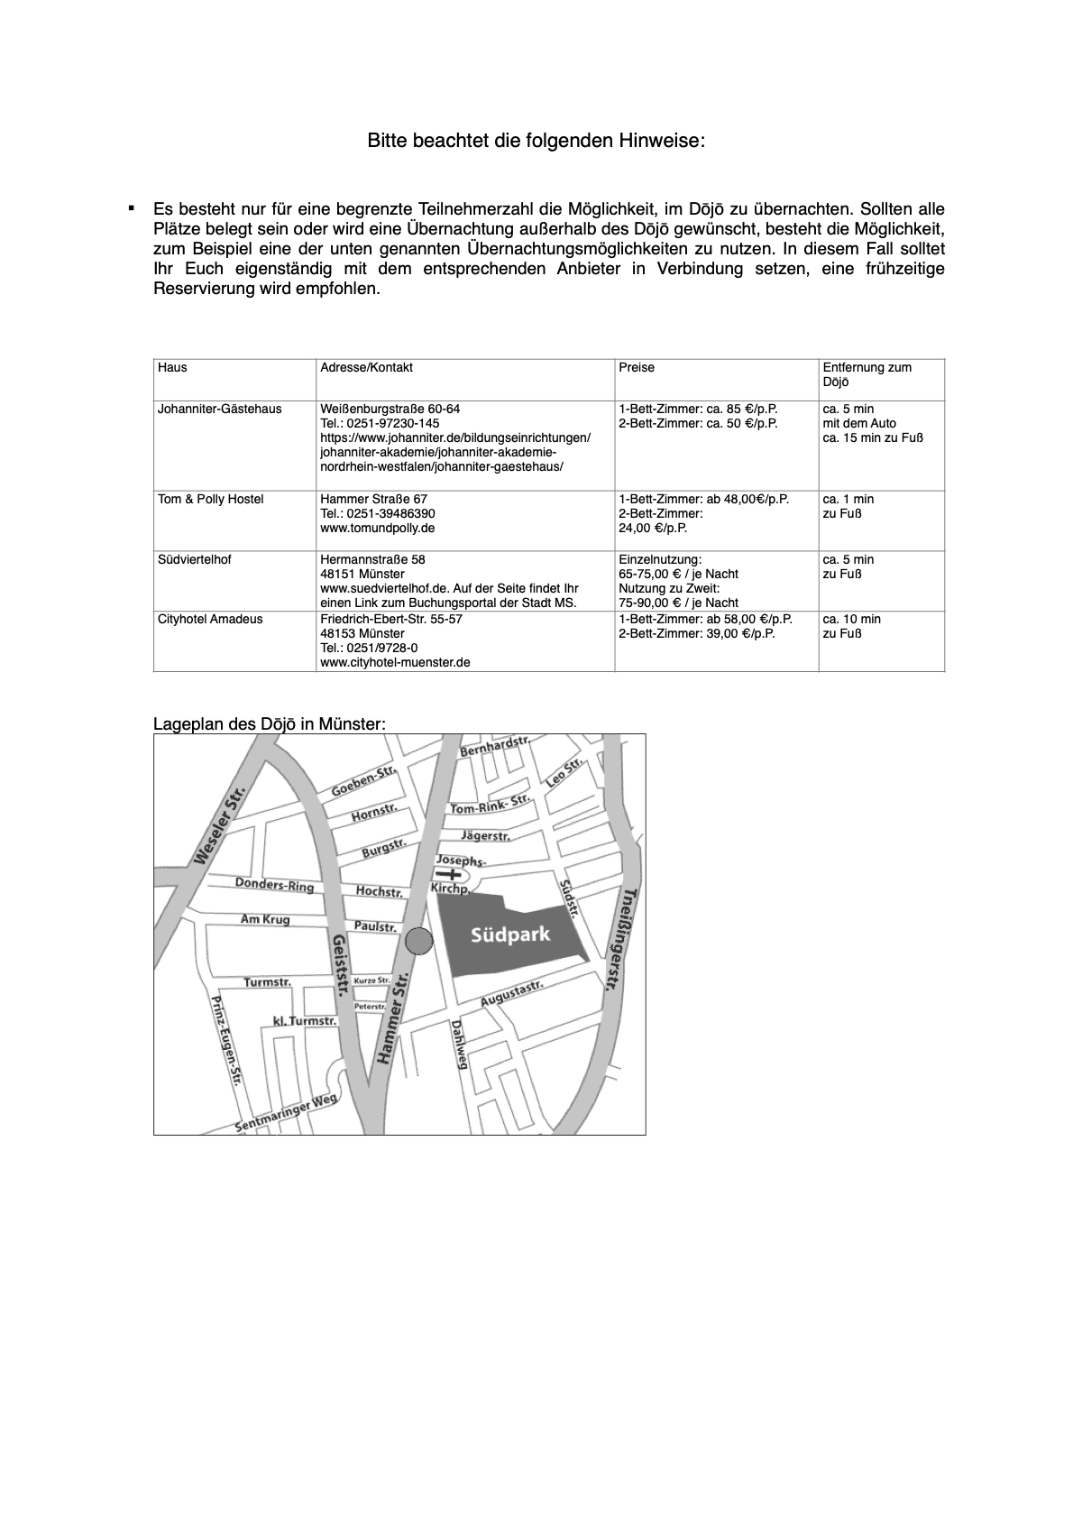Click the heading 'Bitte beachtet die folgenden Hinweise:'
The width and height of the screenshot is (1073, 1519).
[x=536, y=142]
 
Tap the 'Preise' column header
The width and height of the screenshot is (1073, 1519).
[x=637, y=368]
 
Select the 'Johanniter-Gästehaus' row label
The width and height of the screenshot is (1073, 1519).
[x=219, y=410]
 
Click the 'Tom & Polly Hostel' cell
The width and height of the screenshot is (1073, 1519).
[x=210, y=500]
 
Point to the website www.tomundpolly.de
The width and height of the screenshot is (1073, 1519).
[x=377, y=529]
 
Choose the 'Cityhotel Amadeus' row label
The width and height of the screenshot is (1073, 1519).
[x=210, y=620]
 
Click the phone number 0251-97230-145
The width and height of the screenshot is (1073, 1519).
[x=380, y=424]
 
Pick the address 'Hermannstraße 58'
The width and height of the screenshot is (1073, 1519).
[x=372, y=560]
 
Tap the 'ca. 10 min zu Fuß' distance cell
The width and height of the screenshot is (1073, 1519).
[x=851, y=626]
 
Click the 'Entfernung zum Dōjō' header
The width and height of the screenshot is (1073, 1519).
[x=867, y=374]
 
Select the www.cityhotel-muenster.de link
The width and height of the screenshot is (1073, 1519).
[x=395, y=663]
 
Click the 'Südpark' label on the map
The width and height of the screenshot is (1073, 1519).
[x=510, y=936]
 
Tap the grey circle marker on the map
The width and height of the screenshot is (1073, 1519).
[x=418, y=941]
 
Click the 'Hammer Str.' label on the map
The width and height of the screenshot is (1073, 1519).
[x=393, y=1017]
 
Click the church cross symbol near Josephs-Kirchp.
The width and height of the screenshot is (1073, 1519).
[x=446, y=875]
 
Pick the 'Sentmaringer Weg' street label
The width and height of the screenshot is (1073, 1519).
[x=286, y=1113]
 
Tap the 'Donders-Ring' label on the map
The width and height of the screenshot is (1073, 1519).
[x=274, y=885]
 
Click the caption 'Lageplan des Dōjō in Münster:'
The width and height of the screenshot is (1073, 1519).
[x=270, y=724]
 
